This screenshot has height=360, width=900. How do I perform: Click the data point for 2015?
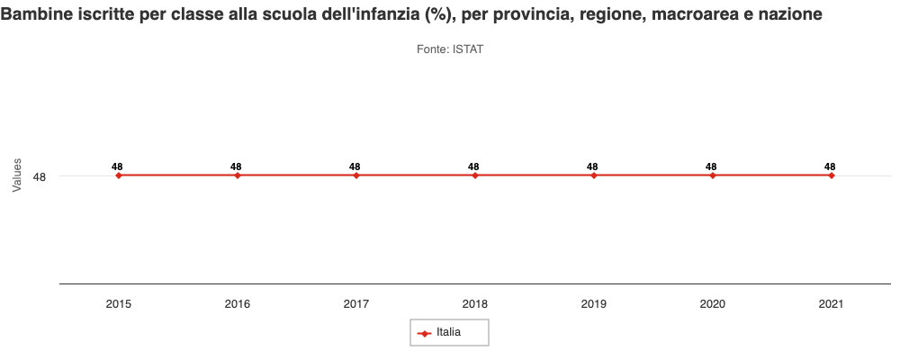click(118, 175)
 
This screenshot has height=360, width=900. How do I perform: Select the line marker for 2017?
click(355, 175)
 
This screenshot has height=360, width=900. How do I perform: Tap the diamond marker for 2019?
click(593, 175)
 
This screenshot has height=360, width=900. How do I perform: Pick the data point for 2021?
click(831, 175)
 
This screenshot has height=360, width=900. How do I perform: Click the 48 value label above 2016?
click(236, 166)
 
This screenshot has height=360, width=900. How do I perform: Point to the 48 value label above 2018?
click(473, 166)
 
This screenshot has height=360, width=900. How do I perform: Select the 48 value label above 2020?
click(711, 166)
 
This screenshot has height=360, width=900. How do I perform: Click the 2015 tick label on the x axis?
click(118, 304)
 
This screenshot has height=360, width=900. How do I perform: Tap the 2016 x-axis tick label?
click(237, 304)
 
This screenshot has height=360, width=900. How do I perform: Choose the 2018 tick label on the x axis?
click(474, 304)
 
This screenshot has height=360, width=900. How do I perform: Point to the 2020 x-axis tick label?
click(712, 304)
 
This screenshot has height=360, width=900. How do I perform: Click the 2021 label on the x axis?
click(831, 304)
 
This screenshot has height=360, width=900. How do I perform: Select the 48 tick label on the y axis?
click(40, 176)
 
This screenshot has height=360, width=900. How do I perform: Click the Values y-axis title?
click(16, 175)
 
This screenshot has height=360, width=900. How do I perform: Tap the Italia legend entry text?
click(449, 332)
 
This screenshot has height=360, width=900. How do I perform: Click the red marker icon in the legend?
click(425, 333)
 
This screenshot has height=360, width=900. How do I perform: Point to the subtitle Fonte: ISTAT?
click(450, 49)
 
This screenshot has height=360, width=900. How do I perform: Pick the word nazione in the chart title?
click(789, 17)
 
